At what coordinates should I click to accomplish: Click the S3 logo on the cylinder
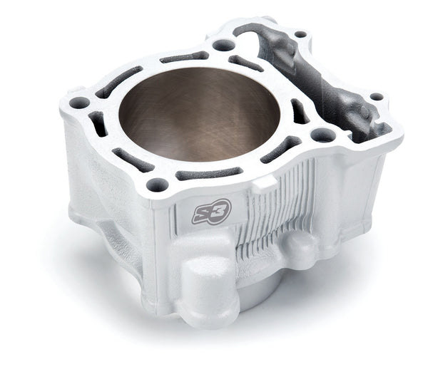pos(212,212)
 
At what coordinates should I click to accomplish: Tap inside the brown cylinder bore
pos(200,114)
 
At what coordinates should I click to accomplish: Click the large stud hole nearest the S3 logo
pos(158,185)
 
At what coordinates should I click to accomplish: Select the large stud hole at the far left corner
pos(79,103)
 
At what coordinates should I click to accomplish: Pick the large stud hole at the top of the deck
pos(224,45)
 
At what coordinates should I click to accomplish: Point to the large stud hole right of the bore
pos(323,135)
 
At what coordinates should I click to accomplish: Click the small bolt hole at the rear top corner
pos(301,35)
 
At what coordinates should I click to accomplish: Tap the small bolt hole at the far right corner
pos(377,96)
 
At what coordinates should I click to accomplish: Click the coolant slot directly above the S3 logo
pos(209,173)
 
